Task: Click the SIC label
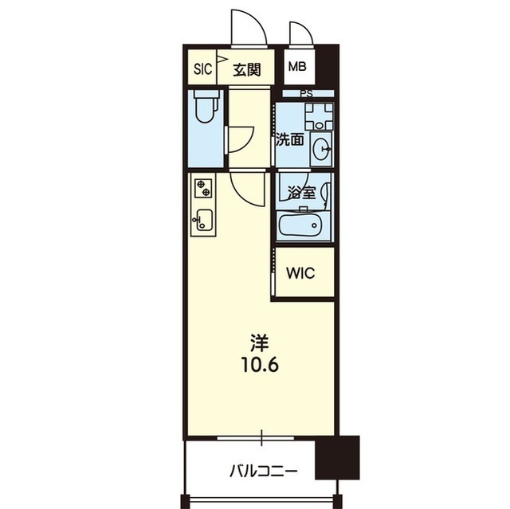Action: (202, 69)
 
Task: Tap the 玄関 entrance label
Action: (247, 69)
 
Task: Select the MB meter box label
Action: (297, 67)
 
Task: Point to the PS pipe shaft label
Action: (306, 94)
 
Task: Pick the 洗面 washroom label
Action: (290, 140)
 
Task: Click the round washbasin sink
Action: (320, 149)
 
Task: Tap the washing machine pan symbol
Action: (319, 116)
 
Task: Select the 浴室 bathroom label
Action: (302, 193)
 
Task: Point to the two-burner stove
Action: (203, 188)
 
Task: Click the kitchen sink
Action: (203, 219)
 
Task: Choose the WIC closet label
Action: (300, 273)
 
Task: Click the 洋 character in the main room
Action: (259, 343)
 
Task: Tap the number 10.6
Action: (260, 365)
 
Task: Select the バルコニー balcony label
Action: (264, 471)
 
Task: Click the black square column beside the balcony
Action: (337, 457)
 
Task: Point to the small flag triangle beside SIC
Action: (222, 58)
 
